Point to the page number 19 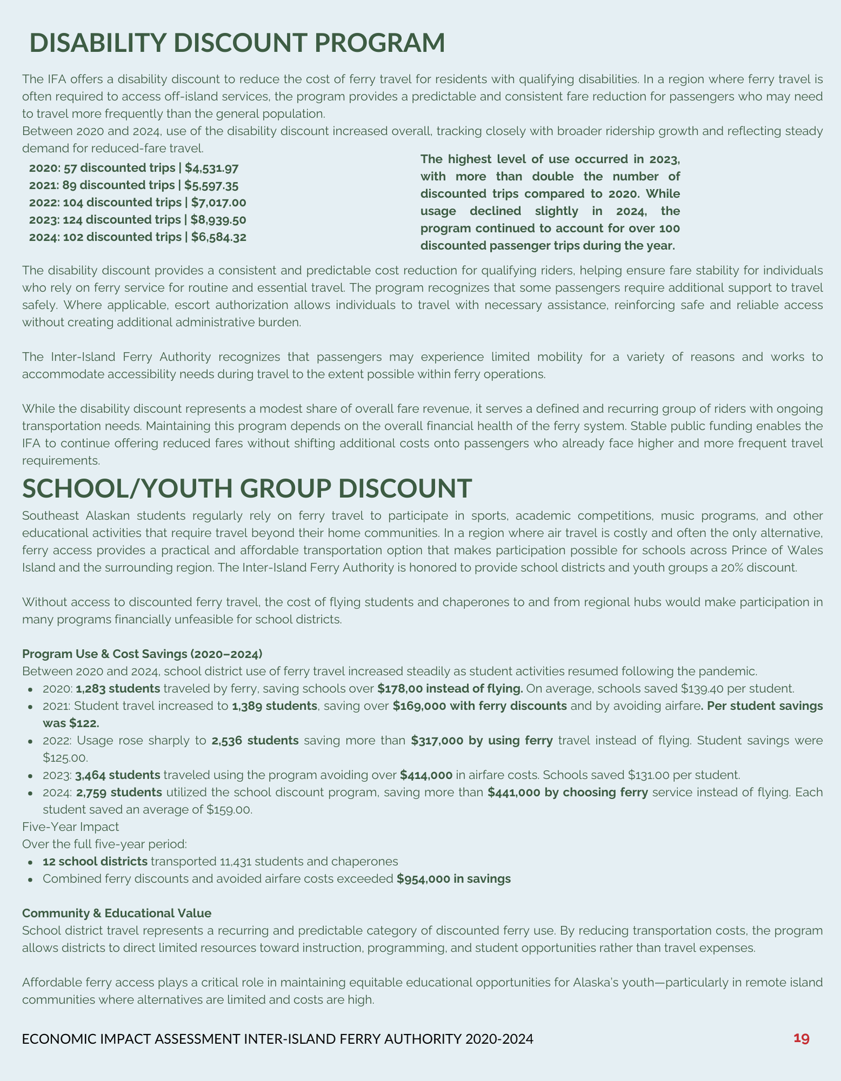pyautogui.click(x=801, y=1038)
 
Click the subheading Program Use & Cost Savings pyautogui.click(x=142, y=653)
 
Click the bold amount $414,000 pyautogui.click(x=426, y=775)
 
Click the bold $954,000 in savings pyautogui.click(x=453, y=879)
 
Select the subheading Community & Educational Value pyautogui.click(x=117, y=913)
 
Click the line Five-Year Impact pyautogui.click(x=70, y=826)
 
